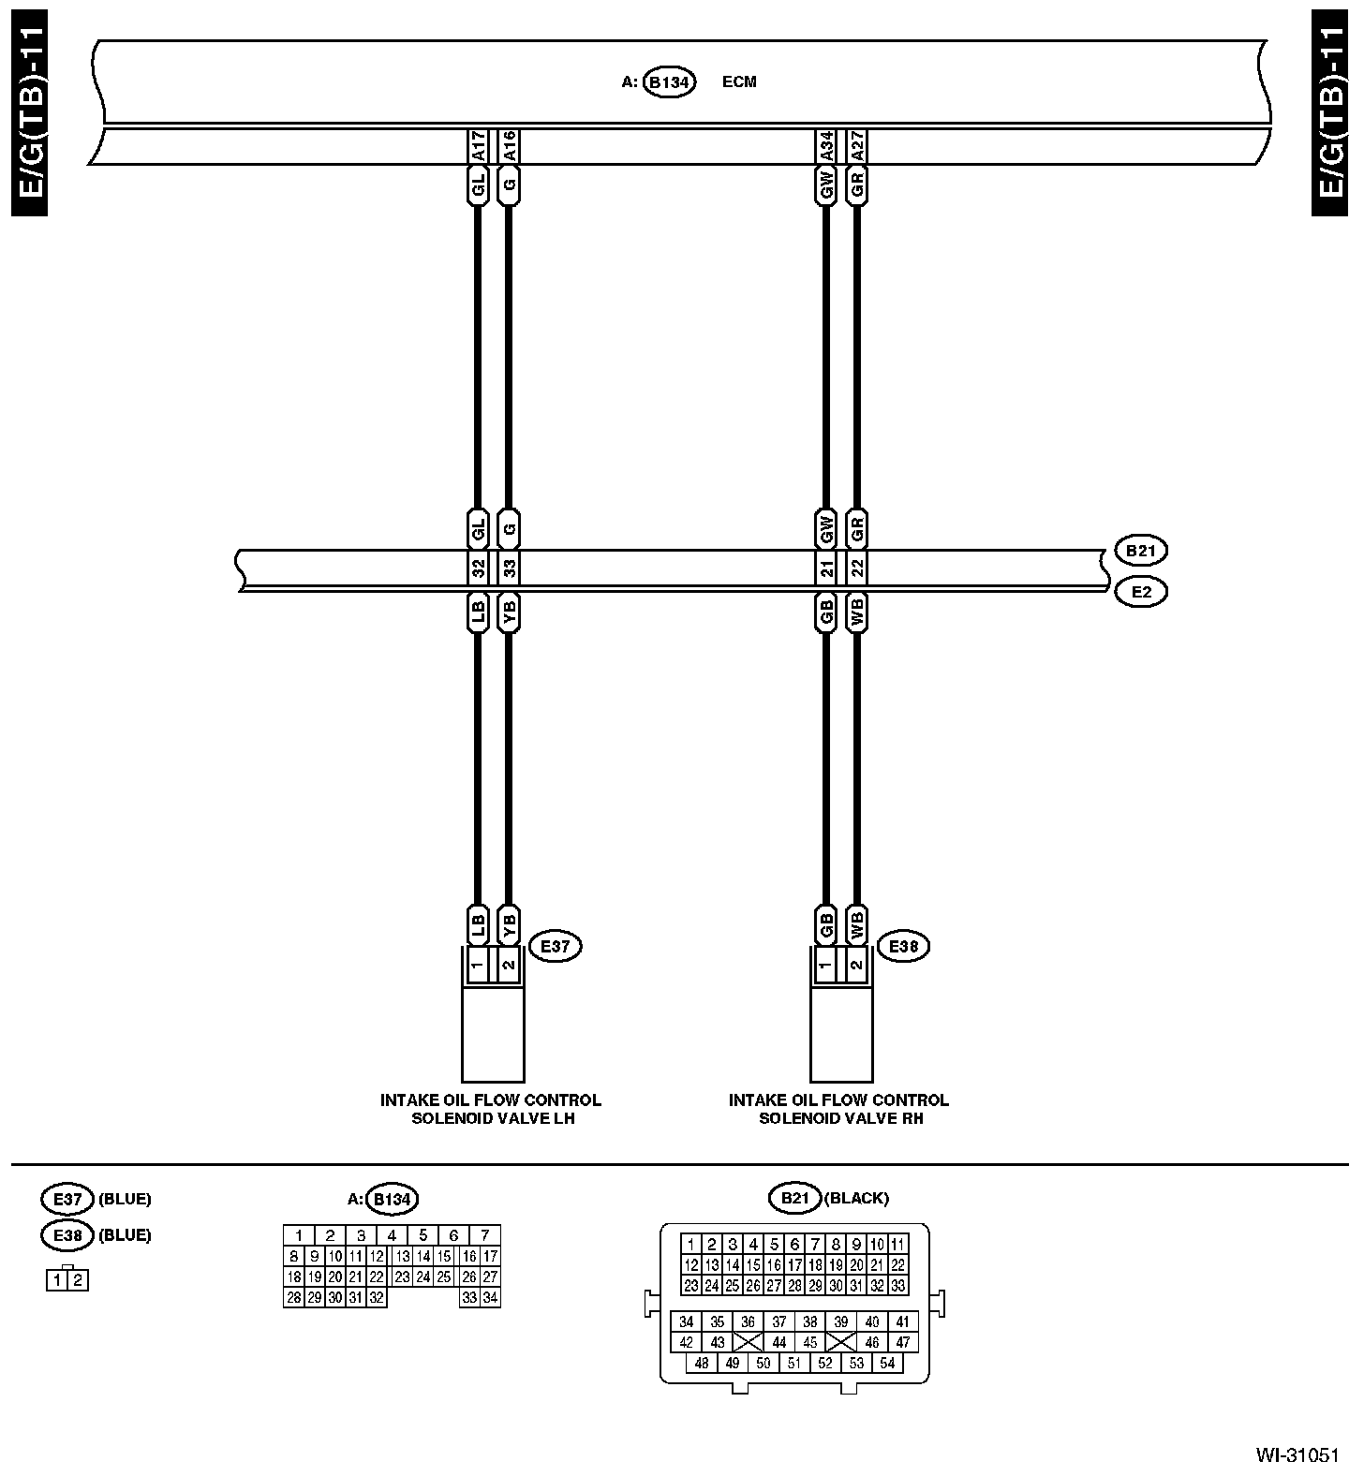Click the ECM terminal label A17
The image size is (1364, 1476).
[478, 147]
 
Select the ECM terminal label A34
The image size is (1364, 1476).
[826, 147]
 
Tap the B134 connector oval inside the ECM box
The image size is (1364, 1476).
[669, 82]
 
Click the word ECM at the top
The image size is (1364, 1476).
[739, 82]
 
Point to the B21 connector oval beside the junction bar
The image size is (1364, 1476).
[1140, 551]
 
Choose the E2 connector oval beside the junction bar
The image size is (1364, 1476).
[1140, 592]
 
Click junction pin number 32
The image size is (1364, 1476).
[478, 568]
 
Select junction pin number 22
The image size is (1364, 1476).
[857, 568]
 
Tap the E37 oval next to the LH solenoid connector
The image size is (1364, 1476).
[556, 947]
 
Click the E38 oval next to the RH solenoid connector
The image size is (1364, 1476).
[903, 947]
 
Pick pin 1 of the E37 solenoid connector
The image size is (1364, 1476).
[478, 965]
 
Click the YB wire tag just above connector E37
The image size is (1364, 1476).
[509, 925]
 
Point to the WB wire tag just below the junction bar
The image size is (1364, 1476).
[857, 613]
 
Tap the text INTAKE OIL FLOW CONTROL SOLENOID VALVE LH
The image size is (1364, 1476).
[491, 1109]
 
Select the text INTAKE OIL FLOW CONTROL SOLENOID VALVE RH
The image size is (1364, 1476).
[839, 1109]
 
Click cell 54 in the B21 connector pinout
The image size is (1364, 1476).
[887, 1364]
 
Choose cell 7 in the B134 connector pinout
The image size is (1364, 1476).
[485, 1235]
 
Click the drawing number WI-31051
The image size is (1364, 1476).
[1297, 1455]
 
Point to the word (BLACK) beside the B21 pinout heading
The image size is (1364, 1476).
[856, 1198]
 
